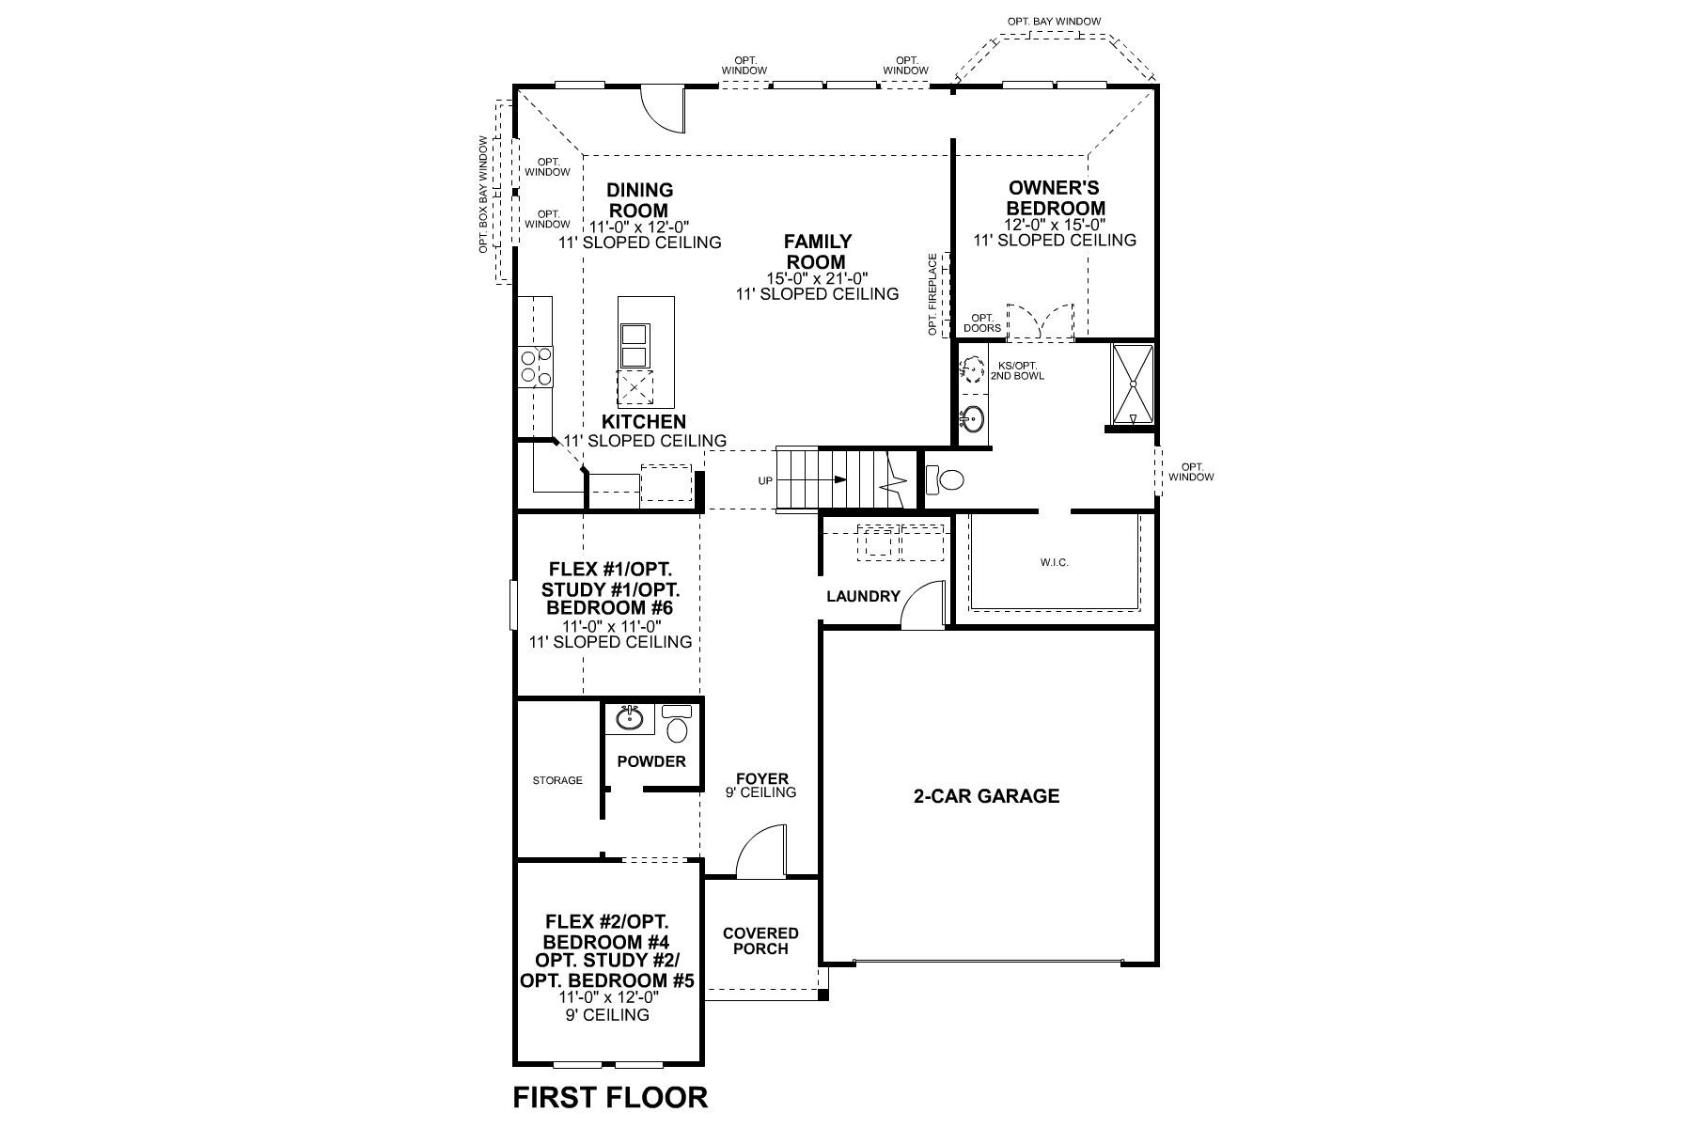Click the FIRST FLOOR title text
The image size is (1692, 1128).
point(610,1096)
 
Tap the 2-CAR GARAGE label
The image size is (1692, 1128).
point(986,796)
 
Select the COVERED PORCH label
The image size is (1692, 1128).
point(760,941)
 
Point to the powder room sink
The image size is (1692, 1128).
point(630,720)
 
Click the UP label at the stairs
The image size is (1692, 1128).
point(765,481)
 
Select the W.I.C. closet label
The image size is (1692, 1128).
point(1054,562)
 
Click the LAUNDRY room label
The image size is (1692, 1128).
point(863,596)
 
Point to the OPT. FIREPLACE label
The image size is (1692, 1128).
point(932,294)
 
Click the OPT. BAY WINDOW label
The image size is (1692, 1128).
point(1054,21)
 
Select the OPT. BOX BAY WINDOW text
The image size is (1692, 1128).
point(483,195)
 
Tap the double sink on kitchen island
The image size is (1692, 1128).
point(634,345)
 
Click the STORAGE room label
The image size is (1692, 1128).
point(557,780)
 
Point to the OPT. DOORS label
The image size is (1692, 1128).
point(982,323)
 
